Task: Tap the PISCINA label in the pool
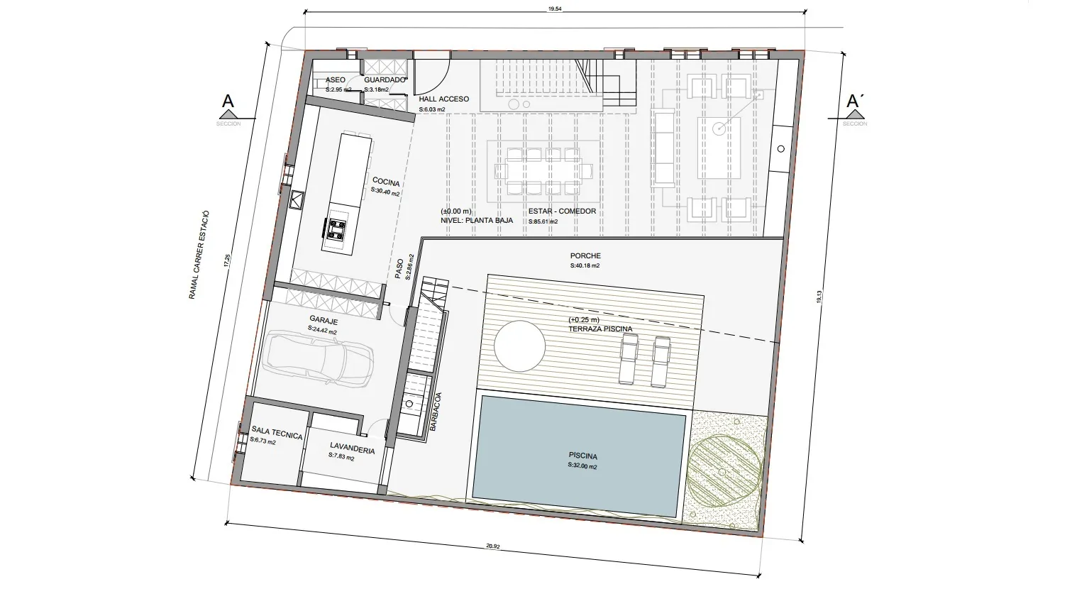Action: [x=582, y=456]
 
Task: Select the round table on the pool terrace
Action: [x=520, y=346]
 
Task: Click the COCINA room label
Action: [x=385, y=184]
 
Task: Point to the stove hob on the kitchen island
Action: [x=336, y=229]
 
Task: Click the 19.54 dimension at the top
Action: [x=556, y=9]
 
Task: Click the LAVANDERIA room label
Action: [x=352, y=448]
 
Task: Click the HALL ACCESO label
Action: [x=443, y=99]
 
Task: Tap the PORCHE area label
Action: [x=585, y=256]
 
